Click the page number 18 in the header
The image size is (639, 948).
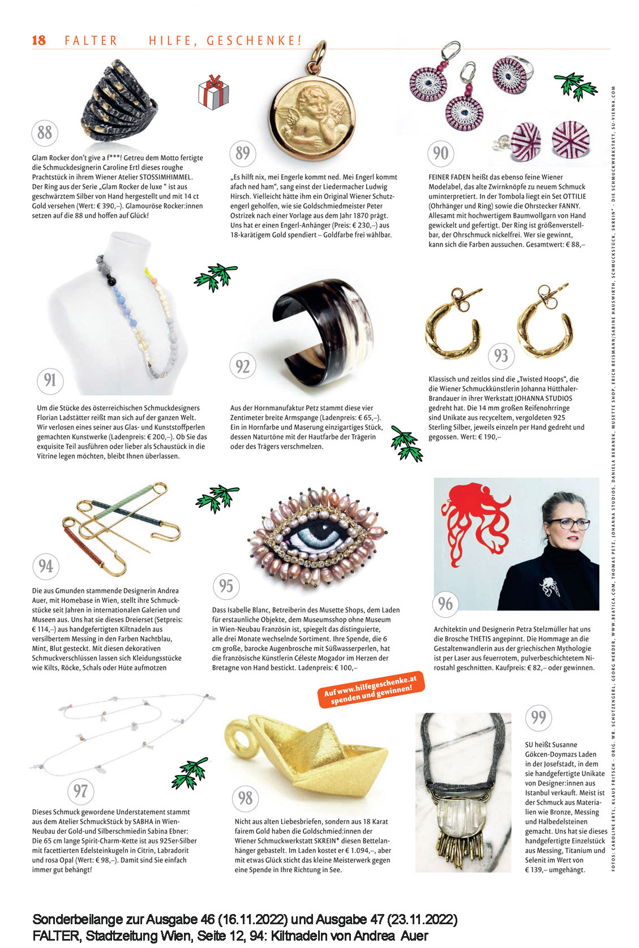38,40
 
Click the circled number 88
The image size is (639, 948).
45,133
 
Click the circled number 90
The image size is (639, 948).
440,153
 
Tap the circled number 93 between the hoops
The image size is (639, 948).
501,355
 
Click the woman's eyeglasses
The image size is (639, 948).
567,524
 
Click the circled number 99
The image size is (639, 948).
538,718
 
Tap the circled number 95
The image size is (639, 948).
226,585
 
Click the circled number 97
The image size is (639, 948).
81,790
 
